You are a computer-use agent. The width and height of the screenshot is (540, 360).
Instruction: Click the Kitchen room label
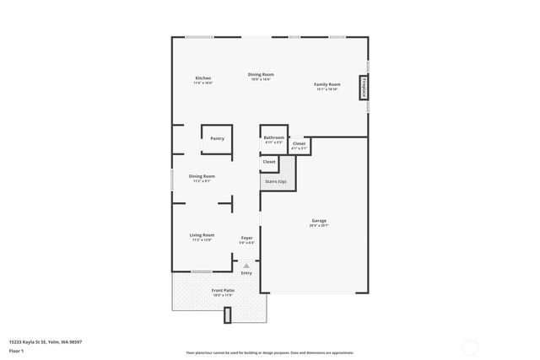point(202,78)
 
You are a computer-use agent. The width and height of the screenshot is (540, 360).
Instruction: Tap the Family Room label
point(327,84)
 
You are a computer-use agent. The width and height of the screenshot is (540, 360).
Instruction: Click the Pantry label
point(217,138)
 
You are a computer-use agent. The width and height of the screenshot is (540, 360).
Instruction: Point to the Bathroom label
point(273,137)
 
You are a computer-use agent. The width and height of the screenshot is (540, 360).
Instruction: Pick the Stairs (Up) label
point(275,181)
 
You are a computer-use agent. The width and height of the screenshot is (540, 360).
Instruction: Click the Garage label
point(318,221)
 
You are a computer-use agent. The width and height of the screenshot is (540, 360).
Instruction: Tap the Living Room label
point(202,235)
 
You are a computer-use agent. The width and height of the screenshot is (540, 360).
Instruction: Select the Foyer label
point(246,238)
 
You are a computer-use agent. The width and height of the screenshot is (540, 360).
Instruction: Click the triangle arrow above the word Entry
point(246,266)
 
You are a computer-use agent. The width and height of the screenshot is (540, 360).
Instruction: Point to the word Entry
point(246,273)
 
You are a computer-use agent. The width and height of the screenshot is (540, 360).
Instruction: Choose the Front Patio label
point(223,291)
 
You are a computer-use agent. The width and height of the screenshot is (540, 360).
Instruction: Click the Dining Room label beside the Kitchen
point(260,74)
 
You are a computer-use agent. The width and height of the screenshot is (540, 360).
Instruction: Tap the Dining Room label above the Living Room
point(202,176)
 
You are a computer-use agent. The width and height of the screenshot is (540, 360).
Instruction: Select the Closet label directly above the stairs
point(269,161)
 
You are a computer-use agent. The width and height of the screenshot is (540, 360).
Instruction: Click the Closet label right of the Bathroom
point(299,144)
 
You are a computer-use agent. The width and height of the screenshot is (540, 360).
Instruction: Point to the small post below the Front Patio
point(227,315)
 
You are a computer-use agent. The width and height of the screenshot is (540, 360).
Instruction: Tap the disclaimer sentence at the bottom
point(269,352)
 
